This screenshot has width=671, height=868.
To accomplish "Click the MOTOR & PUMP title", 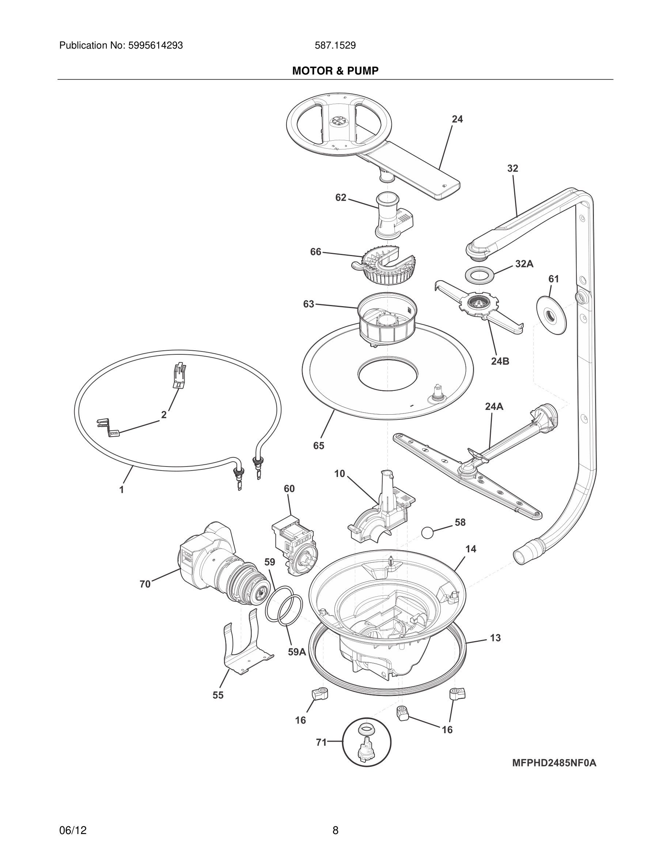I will point(335,71).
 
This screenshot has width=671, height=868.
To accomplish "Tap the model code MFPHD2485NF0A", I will point(554,763).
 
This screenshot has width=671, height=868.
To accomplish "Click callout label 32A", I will point(524,263).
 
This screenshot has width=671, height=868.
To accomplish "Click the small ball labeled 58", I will point(427,533).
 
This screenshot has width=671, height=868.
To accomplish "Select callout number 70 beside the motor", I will point(145,584).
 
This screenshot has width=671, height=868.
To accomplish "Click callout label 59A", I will point(297,652).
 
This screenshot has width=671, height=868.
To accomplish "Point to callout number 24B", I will point(500,361).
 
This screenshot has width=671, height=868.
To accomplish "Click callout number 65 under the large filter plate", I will point(318,446).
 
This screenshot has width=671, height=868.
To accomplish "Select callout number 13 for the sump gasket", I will point(495,638).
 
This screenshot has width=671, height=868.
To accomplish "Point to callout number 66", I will point(315,252).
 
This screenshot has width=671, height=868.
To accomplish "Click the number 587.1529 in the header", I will point(335,46).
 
